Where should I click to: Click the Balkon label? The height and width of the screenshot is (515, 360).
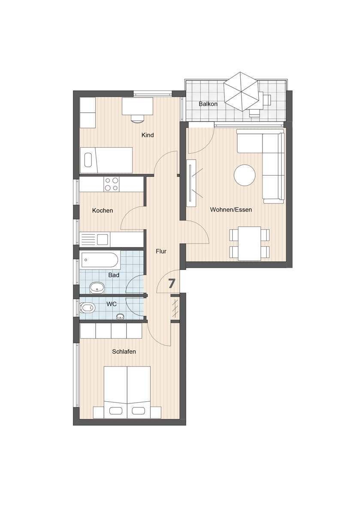click(208, 104)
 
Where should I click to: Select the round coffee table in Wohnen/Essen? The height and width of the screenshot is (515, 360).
click(245, 176)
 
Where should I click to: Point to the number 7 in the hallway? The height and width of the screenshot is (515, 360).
click(172, 283)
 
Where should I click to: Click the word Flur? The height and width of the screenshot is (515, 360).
click(161, 251)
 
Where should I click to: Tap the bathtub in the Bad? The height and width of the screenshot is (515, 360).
click(99, 259)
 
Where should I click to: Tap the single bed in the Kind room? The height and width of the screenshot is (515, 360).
click(106, 160)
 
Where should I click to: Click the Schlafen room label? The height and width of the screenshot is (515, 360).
click(124, 352)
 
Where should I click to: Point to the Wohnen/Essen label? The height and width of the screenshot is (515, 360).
click(231, 210)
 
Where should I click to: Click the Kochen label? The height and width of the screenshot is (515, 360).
click(103, 211)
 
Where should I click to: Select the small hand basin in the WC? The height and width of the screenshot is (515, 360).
click(121, 317)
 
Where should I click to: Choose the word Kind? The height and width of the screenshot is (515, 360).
click(148, 135)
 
